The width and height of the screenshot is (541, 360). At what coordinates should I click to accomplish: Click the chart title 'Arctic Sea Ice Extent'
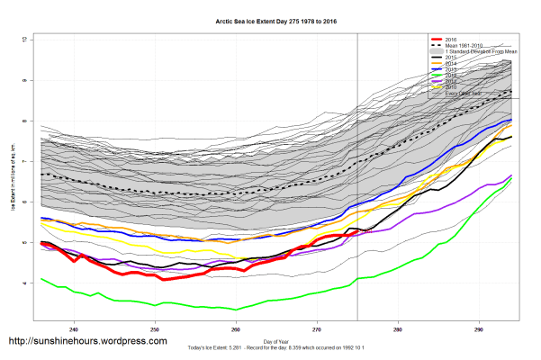(x=270, y=21)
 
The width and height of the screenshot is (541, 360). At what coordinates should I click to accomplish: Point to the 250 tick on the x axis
(x=155, y=328)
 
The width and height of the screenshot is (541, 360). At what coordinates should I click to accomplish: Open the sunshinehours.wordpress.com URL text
(x=87, y=342)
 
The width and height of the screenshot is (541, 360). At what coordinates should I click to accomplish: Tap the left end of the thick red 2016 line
(x=41, y=243)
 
